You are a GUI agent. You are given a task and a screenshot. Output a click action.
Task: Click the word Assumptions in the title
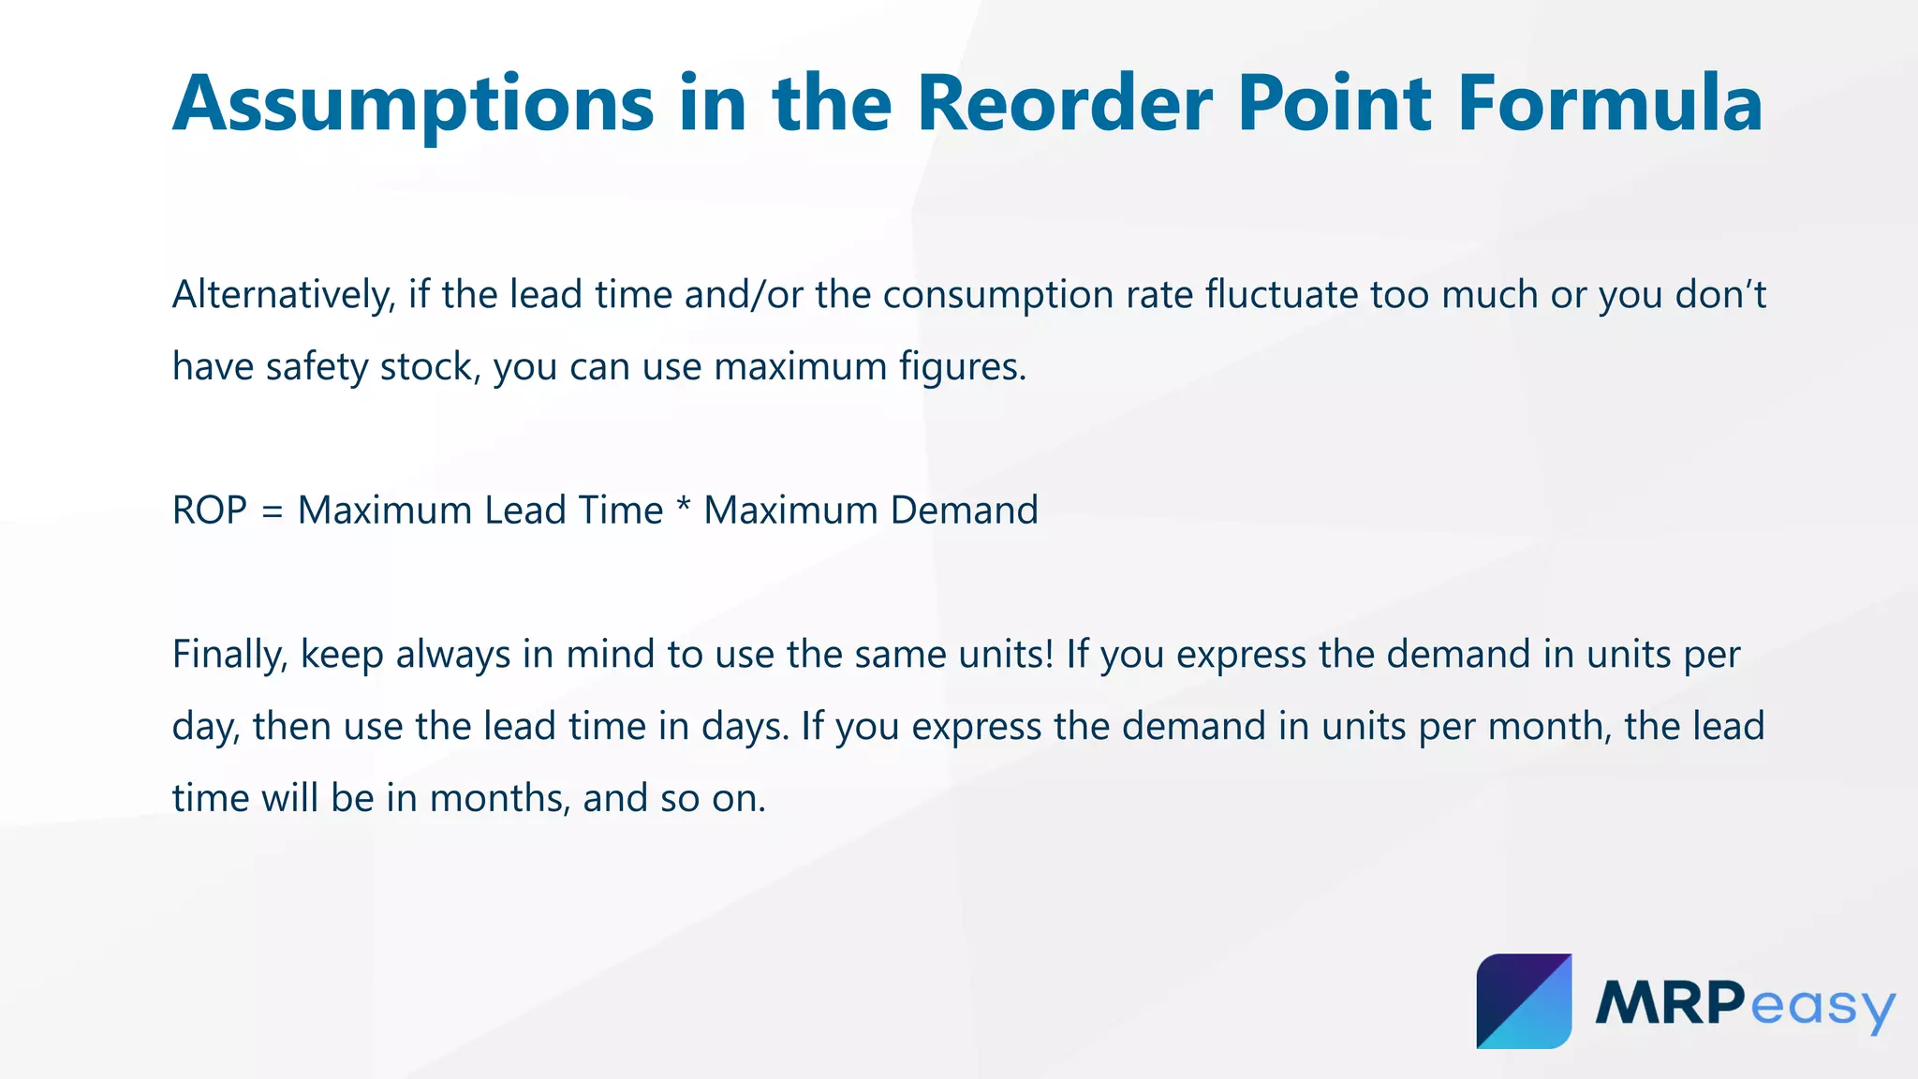click(x=413, y=105)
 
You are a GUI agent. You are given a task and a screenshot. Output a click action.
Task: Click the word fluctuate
click(x=1281, y=295)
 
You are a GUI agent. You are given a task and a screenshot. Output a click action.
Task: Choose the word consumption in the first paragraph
click(x=998, y=296)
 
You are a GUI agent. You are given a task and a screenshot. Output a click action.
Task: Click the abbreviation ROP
click(x=210, y=511)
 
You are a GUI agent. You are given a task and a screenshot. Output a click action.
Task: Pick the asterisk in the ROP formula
click(x=683, y=508)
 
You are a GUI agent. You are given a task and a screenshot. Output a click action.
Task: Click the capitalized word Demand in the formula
click(x=964, y=511)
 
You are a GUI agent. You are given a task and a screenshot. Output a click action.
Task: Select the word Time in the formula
click(x=620, y=511)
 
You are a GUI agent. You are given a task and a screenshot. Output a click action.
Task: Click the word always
click(x=453, y=656)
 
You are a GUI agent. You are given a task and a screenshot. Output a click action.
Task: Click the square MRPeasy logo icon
click(x=1524, y=1001)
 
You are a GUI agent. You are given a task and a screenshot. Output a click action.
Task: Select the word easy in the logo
click(x=1822, y=1008)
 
